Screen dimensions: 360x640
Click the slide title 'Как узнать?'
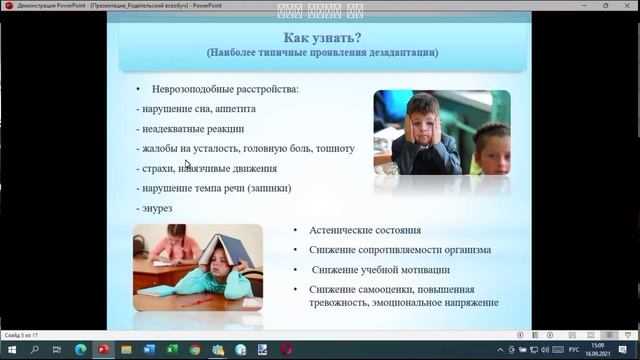[321, 36]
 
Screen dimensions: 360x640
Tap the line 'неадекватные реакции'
[192, 129]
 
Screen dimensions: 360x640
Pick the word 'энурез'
[158, 208]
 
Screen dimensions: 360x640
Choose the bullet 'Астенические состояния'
[364, 230]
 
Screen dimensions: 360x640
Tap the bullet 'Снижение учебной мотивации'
[380, 269]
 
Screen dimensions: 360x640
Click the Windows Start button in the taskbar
[10, 350]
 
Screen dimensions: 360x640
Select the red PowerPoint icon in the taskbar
[102, 350]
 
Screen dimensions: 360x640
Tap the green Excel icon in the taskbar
[172, 350]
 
